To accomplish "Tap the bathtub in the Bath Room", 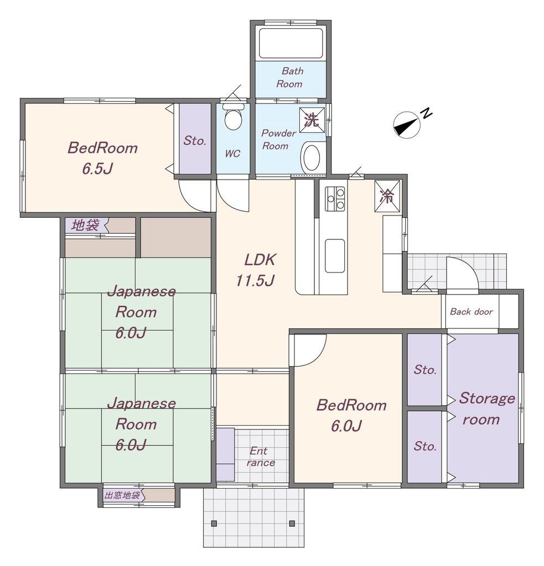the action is point(291,43).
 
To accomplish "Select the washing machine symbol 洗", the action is point(312,120).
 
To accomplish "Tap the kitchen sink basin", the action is point(335,256).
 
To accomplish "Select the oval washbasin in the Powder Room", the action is point(311,157).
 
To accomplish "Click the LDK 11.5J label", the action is point(257,270).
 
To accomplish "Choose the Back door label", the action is point(472,312).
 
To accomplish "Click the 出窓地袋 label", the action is point(122,495).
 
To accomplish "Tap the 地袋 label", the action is point(85,226).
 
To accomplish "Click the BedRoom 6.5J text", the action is point(102,158).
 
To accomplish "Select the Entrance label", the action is point(260,457).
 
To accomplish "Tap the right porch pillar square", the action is point(292,523).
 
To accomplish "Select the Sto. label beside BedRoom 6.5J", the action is point(195,140).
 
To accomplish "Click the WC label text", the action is point(232,154).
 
